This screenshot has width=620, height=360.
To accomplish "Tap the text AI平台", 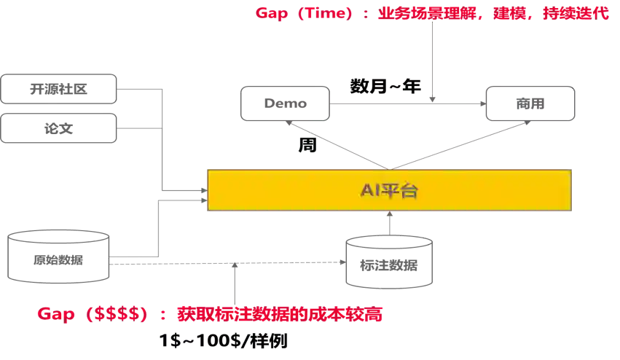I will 389,191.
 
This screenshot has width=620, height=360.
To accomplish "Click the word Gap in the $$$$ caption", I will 56,315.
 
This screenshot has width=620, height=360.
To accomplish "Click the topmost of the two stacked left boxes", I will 60,89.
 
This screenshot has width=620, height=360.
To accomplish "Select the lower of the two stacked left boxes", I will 60,129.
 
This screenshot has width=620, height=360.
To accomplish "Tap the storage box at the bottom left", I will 58,258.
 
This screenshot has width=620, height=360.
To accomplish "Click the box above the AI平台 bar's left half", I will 286,103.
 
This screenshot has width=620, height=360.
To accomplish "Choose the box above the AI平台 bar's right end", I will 530,103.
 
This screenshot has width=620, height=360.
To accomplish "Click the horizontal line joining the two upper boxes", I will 408,102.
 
